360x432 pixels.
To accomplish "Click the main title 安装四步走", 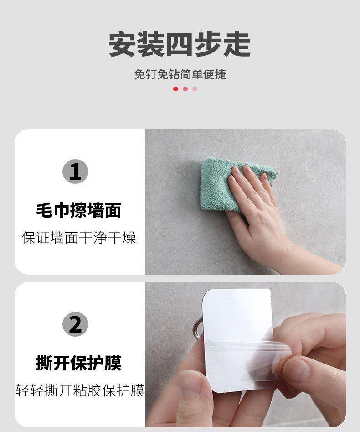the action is [180, 44].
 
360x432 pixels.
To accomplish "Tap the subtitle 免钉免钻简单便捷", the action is [180, 74].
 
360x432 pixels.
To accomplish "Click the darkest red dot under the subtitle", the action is [175, 88].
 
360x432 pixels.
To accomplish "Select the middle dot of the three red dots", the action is [185, 88].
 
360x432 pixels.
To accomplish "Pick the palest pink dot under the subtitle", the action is [195, 88].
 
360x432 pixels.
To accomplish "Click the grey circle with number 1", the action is [75, 172].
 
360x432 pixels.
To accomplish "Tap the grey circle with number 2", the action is [75, 324].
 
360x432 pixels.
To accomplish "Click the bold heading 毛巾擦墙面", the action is [79, 210].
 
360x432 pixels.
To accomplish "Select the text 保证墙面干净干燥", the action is [79, 238].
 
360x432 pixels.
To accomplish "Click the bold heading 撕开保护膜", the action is [79, 363].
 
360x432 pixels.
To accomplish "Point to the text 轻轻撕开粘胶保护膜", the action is [80, 390].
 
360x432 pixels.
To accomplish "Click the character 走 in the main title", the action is [237, 44].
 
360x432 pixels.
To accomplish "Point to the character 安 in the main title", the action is [123, 44].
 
